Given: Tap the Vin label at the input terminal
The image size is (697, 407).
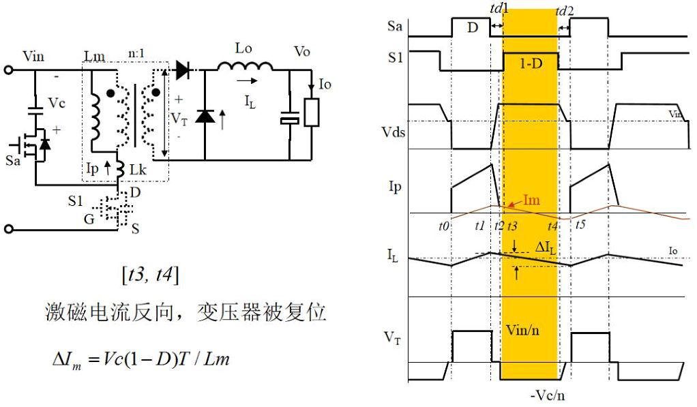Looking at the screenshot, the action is [33, 57].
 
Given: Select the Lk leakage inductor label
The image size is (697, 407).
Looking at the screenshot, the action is [138, 170].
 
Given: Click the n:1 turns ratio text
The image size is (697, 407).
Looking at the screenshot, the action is [136, 53].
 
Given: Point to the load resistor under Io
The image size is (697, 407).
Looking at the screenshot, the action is [312, 113].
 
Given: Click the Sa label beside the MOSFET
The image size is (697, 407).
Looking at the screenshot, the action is [13, 160].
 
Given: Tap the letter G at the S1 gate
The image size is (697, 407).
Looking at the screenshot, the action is [89, 219].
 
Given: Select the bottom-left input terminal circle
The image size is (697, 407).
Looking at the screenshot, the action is [8, 229].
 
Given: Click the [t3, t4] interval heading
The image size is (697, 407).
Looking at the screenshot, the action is [150, 275].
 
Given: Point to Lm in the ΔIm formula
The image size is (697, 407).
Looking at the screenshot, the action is [216, 358].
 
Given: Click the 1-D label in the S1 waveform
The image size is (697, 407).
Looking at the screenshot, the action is [531, 63].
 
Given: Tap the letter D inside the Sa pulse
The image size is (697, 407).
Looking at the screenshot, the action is [473, 27].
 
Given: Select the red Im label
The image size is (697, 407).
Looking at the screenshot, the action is [531, 200].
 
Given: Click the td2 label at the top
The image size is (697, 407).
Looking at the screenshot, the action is [565, 11].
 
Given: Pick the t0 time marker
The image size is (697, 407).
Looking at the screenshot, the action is [443, 226].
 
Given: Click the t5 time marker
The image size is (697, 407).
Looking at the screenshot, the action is [580, 224].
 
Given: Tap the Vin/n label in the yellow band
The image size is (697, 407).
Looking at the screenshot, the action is [522, 330].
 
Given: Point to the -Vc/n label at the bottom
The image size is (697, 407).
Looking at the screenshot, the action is [547, 395].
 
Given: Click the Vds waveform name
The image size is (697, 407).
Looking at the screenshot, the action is [393, 132].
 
